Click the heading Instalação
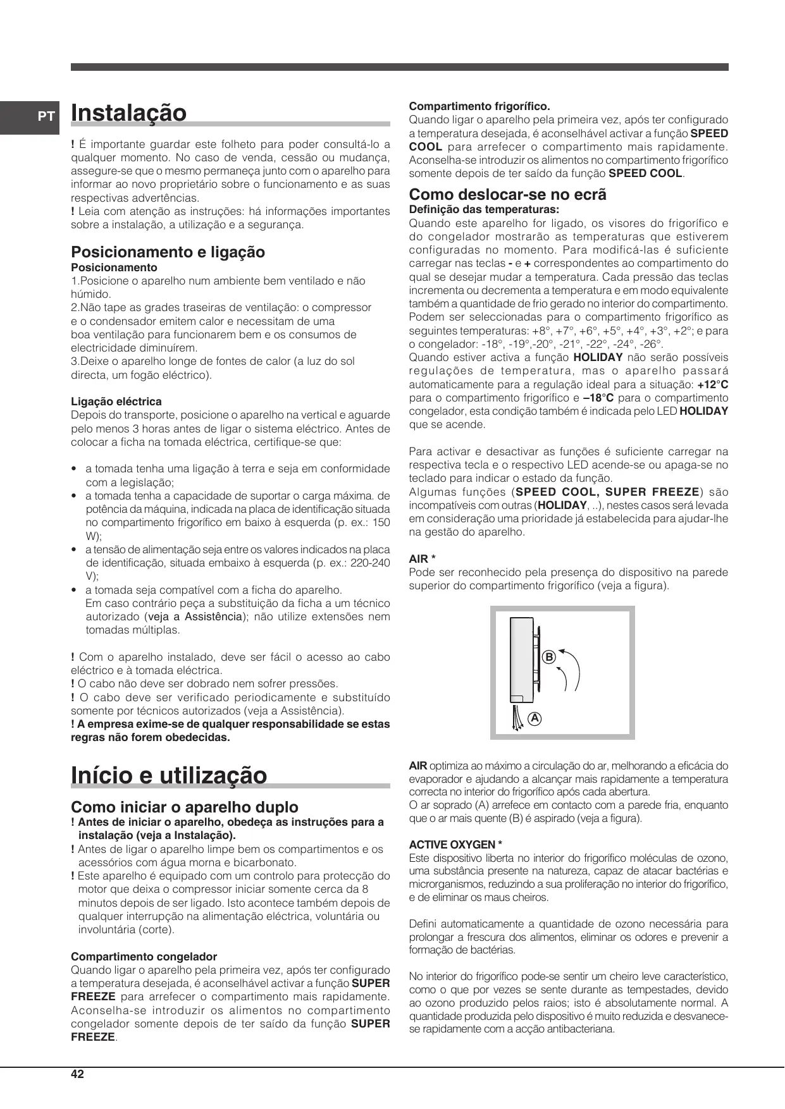[x=129, y=113]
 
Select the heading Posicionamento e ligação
[x=168, y=252]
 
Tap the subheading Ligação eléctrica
[x=116, y=401]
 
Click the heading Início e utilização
[x=169, y=775]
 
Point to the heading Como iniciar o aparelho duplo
[x=185, y=807]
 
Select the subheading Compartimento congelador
[x=144, y=957]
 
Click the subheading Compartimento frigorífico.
[x=479, y=106]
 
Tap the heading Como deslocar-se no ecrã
[x=507, y=195]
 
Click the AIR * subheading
[x=422, y=559]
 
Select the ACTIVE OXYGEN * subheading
[x=455, y=845]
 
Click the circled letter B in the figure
[x=549, y=657]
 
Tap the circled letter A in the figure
[x=535, y=718]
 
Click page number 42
[x=77, y=1074]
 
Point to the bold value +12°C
[x=712, y=384]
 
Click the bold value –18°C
[x=598, y=398]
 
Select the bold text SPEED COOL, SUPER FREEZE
[x=608, y=492]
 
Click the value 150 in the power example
[x=381, y=523]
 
